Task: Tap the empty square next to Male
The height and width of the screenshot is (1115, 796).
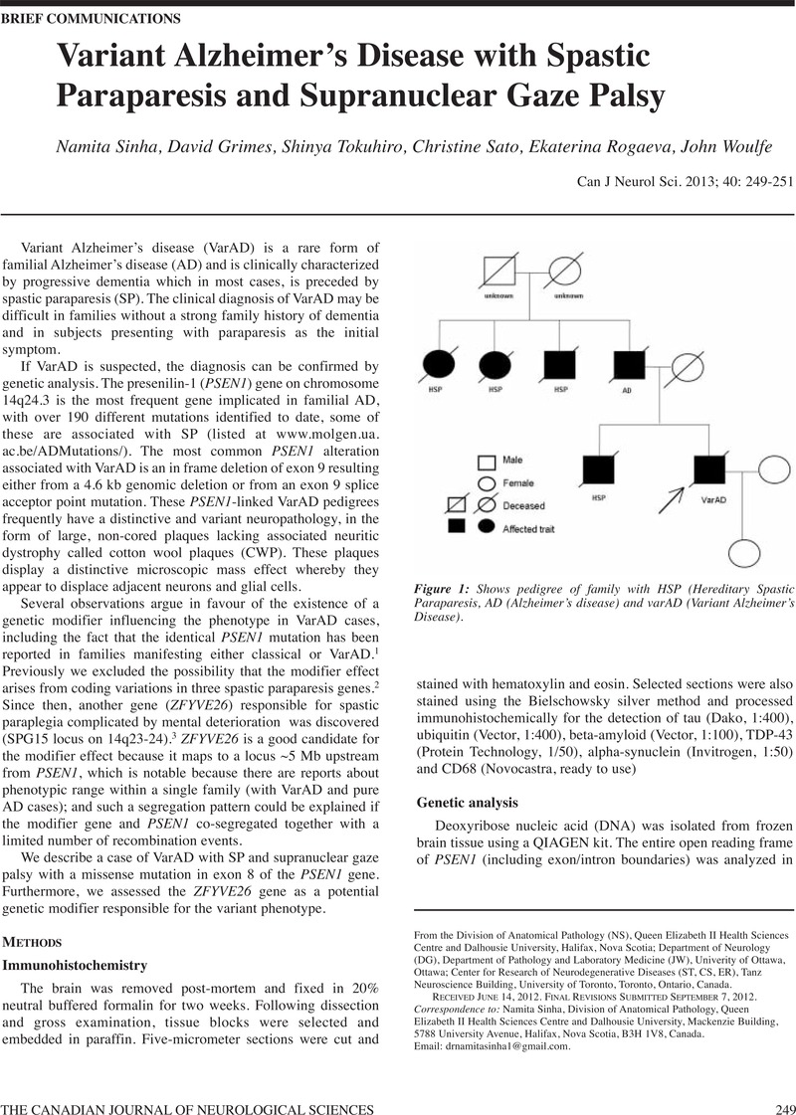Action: pyautogui.click(x=488, y=462)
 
